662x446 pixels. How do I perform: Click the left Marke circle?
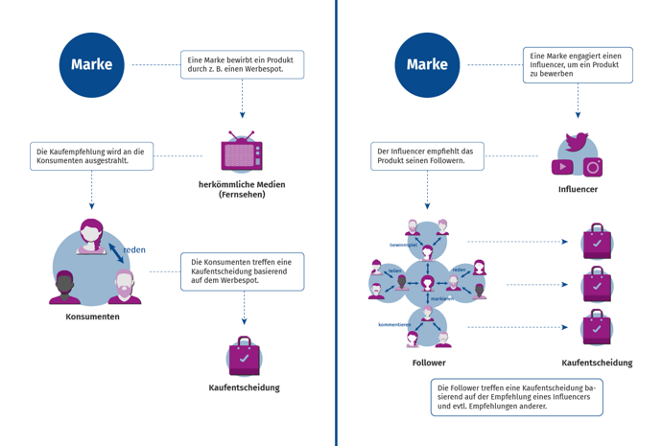tap(91, 65)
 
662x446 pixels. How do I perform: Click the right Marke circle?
tap(427, 65)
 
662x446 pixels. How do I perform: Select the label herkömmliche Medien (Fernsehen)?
tap(242, 189)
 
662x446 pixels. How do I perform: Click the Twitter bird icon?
tap(577, 142)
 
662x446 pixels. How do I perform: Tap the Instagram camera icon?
tap(593, 167)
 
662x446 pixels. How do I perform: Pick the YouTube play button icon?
tap(562, 168)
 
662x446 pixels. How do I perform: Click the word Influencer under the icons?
tap(578, 190)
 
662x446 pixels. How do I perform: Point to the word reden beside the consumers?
tap(134, 249)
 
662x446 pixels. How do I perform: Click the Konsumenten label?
tap(92, 317)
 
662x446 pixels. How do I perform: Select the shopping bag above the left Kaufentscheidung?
tap(244, 357)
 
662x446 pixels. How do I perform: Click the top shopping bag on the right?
tap(597, 242)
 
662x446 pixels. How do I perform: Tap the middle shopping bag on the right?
tap(597, 285)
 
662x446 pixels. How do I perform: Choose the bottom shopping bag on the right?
tap(597, 327)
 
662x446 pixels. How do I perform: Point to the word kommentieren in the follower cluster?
tap(394, 324)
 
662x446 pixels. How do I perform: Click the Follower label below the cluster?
tap(428, 363)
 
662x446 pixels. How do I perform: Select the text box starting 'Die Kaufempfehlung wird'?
tap(91, 156)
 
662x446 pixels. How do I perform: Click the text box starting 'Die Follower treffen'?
tap(516, 396)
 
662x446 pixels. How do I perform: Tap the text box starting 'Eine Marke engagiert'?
tap(577, 65)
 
